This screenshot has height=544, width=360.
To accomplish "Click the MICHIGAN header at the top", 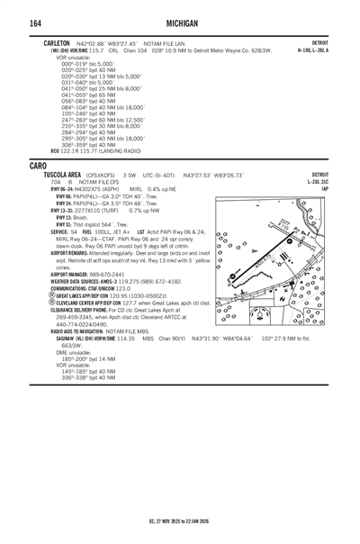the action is pos(180,22).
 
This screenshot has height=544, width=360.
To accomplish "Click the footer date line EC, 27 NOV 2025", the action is pos(180,521).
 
